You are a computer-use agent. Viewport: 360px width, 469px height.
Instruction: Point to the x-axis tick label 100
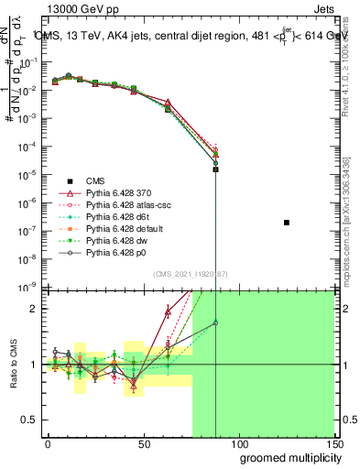coord(238,443)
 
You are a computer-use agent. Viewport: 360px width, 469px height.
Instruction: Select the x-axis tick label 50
coord(143,443)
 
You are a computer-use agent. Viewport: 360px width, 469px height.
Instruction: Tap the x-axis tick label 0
coord(48,443)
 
